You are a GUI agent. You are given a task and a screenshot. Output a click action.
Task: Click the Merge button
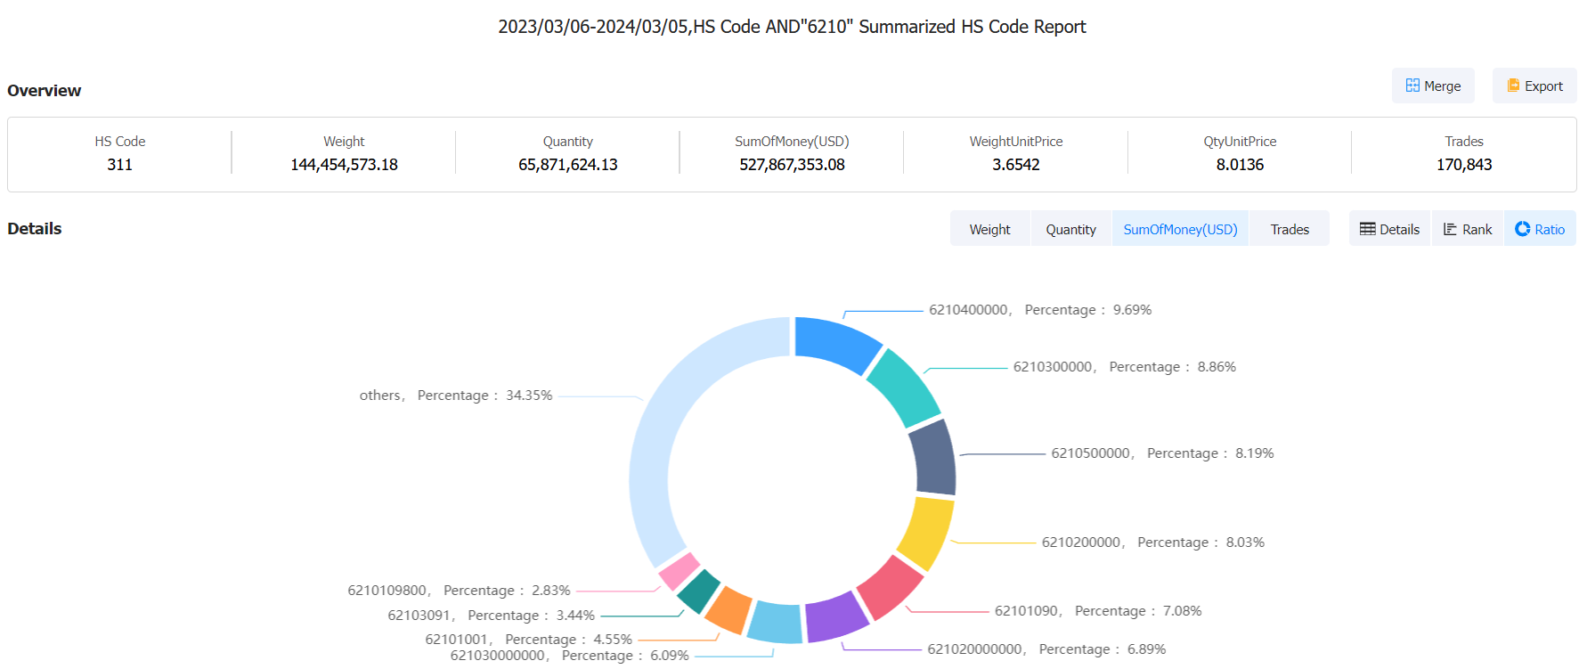pos(1433,86)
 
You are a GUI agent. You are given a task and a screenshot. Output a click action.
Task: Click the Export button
pos(1534,86)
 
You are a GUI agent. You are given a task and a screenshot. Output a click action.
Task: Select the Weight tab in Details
pos(989,229)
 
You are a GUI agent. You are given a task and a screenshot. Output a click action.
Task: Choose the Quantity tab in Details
pos(1070,229)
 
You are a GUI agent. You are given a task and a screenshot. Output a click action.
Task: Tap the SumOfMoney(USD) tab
pos(1180,229)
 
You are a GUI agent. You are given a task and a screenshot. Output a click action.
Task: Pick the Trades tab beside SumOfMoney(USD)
pos(1289,229)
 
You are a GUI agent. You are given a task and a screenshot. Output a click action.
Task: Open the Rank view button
pos(1467,229)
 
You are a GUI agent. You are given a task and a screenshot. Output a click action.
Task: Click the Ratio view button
pos(1540,229)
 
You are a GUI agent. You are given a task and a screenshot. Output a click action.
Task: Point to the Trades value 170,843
pos(1463,165)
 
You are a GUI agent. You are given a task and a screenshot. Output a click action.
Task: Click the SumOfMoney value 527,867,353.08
pos(792,165)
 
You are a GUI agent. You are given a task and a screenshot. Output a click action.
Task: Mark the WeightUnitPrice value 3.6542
pos(1015,165)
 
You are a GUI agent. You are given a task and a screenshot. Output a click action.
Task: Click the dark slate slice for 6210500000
pos(933,457)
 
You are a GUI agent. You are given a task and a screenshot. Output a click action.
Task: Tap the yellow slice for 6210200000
pos(926,532)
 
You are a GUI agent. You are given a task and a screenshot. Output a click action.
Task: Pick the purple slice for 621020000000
pos(835,616)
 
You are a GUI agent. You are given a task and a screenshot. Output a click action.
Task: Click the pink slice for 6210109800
pos(680,570)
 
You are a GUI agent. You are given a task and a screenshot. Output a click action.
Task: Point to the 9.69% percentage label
pos(1132,310)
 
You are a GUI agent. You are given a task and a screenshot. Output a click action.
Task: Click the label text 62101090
pos(1026,611)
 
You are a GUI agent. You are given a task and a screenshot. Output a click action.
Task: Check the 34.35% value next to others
pos(529,396)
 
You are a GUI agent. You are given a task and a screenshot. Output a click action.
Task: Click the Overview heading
pos(45,91)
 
